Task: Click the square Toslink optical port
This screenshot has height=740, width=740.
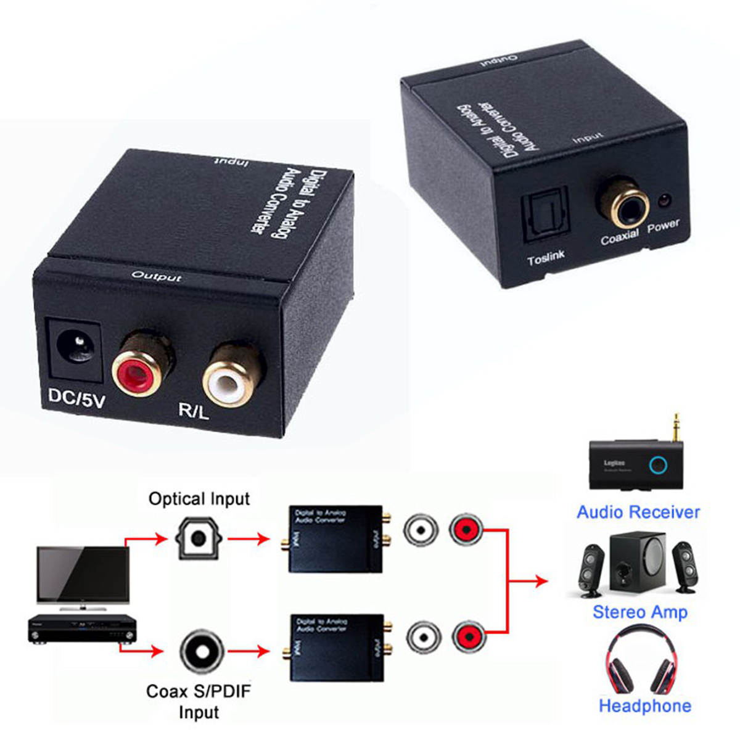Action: click(x=545, y=217)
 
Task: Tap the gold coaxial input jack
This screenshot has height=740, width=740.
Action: click(x=622, y=204)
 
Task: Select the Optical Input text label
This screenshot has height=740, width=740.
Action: click(x=199, y=499)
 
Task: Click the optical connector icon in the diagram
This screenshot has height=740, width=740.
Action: click(x=197, y=538)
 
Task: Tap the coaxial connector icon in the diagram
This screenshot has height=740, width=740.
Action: click(x=202, y=652)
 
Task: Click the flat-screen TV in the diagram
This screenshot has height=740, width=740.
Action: click(x=83, y=577)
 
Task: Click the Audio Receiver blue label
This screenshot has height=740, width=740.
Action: click(x=638, y=512)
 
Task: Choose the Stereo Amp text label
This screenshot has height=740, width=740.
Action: click(x=639, y=612)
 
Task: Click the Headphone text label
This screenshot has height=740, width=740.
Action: click(x=644, y=706)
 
